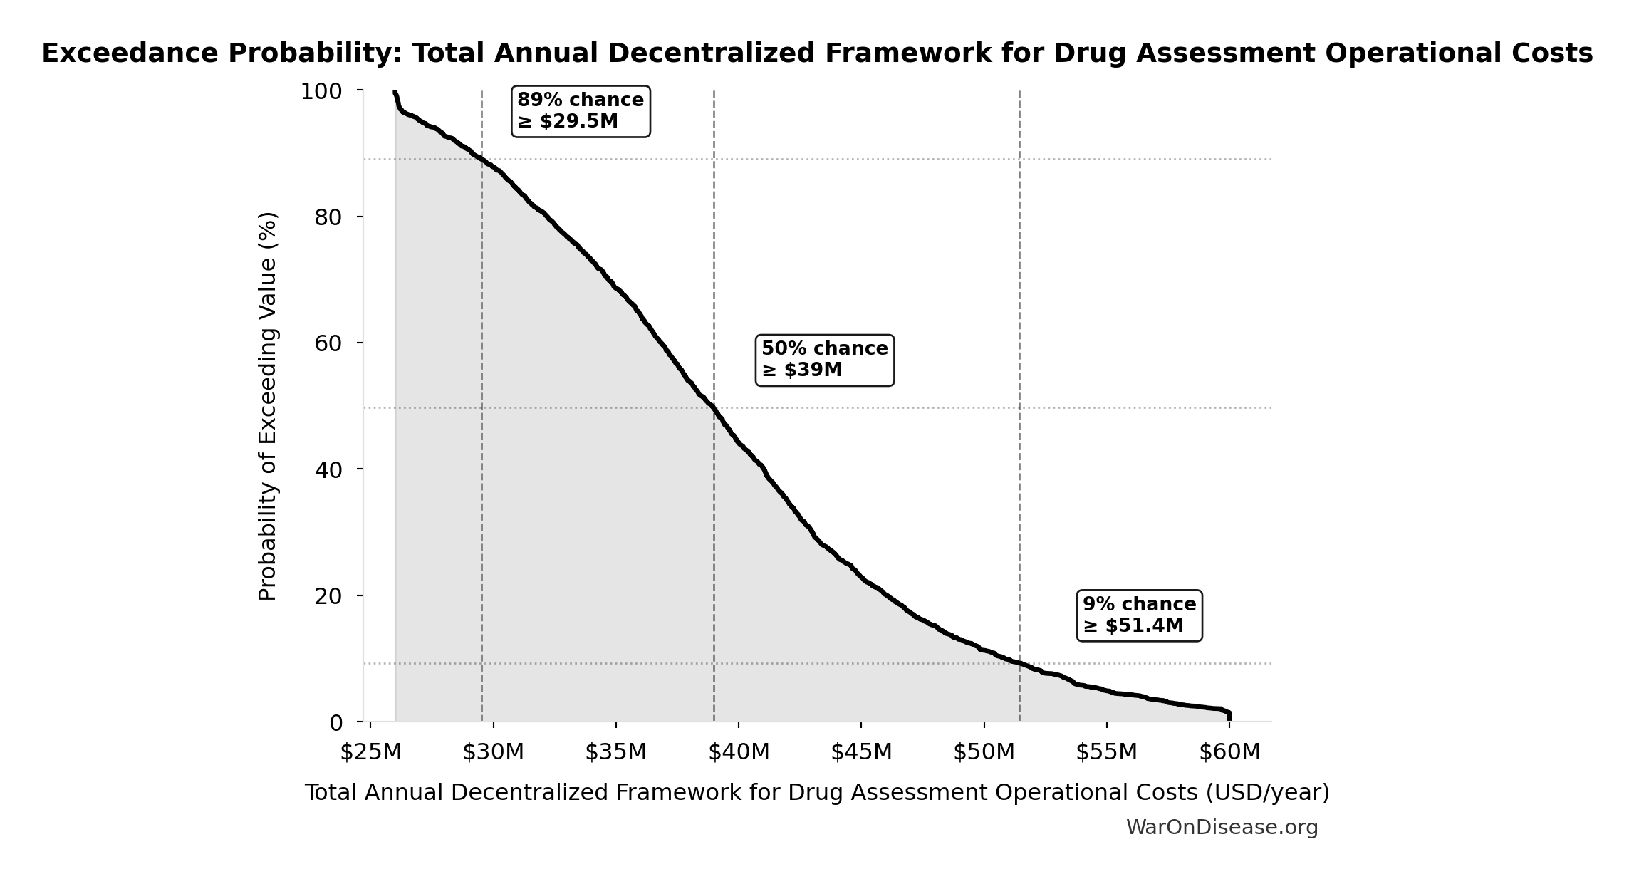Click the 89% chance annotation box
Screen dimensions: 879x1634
[581, 111]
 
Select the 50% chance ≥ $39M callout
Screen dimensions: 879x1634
[824, 360]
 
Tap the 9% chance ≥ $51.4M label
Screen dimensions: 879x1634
[1139, 615]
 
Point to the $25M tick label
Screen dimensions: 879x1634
[370, 752]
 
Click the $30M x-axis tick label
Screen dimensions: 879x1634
[493, 752]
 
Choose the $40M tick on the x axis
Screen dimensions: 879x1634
[739, 752]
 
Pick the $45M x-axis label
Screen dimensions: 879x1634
[861, 752]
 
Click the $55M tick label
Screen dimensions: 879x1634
[1106, 752]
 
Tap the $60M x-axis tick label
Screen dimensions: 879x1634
[1229, 752]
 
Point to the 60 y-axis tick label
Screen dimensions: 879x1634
[328, 343]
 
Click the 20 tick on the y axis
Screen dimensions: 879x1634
[328, 595]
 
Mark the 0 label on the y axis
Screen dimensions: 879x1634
[336, 723]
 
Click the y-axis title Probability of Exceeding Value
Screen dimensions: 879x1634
[268, 406]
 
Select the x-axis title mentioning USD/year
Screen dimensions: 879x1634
[817, 793]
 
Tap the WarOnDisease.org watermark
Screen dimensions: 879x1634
[1222, 828]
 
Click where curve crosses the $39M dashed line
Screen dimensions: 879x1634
[714, 408]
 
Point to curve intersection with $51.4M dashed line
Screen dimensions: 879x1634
[1019, 664]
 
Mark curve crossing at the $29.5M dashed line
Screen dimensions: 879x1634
[482, 160]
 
